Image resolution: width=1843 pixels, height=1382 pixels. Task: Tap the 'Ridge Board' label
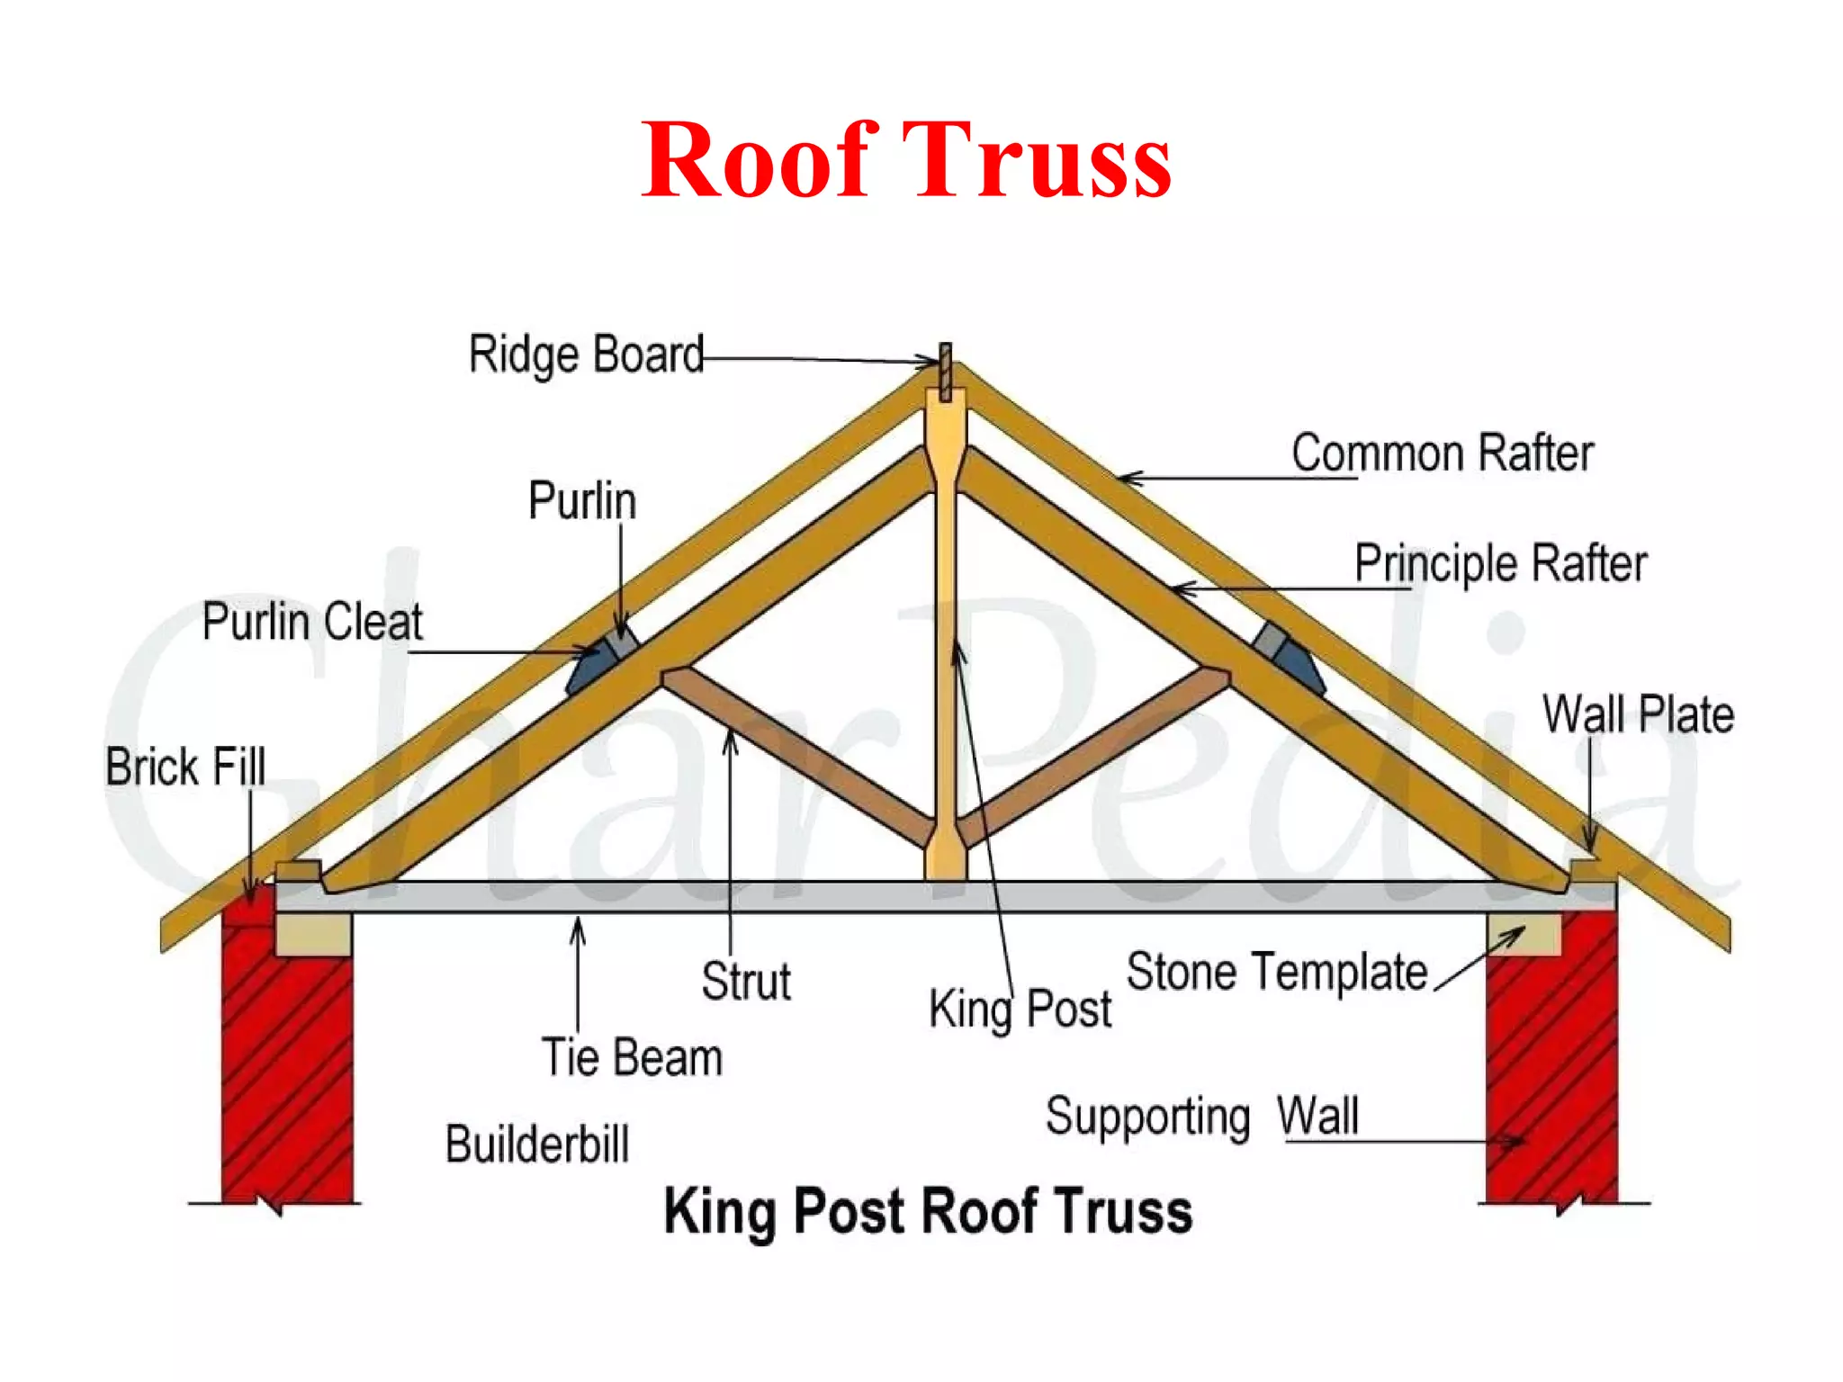(x=586, y=354)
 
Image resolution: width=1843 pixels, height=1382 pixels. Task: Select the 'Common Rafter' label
(x=1442, y=453)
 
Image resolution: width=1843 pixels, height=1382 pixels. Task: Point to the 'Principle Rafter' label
(x=1500, y=563)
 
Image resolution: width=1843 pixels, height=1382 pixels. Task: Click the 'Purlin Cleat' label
(x=311, y=621)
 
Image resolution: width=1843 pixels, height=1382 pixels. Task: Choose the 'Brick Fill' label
(x=185, y=767)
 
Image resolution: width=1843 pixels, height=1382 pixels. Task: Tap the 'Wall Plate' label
(x=1637, y=714)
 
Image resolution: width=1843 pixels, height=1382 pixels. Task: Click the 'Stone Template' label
(x=1276, y=972)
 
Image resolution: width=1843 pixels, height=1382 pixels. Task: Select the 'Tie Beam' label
(x=632, y=1056)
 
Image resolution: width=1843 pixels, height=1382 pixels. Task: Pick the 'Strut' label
(x=745, y=981)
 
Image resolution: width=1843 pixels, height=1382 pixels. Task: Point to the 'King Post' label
(x=1020, y=1009)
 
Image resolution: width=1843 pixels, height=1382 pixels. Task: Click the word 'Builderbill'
(x=537, y=1144)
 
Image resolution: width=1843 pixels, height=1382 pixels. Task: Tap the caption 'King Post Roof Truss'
(x=928, y=1211)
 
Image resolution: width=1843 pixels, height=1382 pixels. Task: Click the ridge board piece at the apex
(x=945, y=371)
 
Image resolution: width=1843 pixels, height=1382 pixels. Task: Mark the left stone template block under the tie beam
(x=313, y=935)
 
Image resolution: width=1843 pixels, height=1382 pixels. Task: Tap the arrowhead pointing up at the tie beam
(x=578, y=927)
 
